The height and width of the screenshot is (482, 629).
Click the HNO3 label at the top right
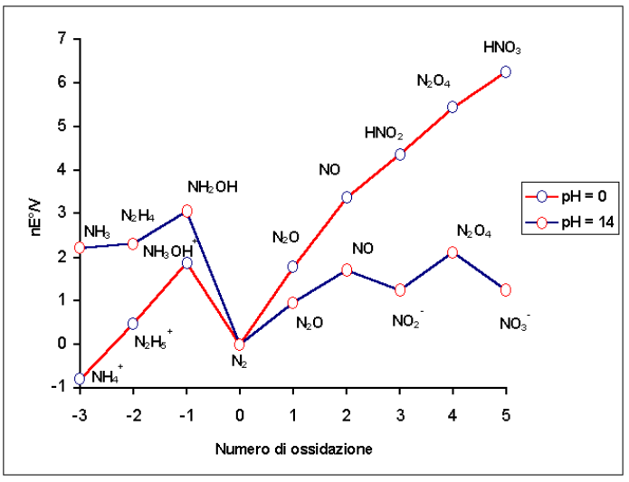(502, 48)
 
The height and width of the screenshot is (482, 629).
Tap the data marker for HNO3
(506, 71)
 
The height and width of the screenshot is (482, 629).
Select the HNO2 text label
(384, 134)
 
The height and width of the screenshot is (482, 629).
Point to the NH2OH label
(213, 187)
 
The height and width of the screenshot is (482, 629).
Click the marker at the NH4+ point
(80, 378)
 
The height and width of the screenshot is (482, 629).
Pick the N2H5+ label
(153, 341)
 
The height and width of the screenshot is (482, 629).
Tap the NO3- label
(515, 320)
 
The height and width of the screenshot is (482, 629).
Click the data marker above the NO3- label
(506, 289)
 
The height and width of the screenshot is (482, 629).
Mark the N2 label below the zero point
(239, 363)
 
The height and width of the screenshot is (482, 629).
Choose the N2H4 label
(139, 215)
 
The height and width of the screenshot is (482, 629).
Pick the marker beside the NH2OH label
(186, 211)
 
